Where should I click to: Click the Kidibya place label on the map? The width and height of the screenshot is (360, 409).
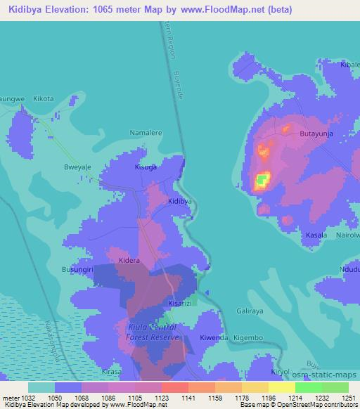(x=180, y=201)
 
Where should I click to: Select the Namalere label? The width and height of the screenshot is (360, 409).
(x=146, y=131)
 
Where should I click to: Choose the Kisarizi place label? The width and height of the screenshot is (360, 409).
(x=184, y=303)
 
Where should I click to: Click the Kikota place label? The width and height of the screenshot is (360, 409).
(x=44, y=99)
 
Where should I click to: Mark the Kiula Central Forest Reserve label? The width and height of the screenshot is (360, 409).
(x=154, y=332)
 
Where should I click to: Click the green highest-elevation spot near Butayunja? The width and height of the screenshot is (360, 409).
(x=262, y=182)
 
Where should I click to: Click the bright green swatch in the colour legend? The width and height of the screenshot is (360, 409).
(x=309, y=387)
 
